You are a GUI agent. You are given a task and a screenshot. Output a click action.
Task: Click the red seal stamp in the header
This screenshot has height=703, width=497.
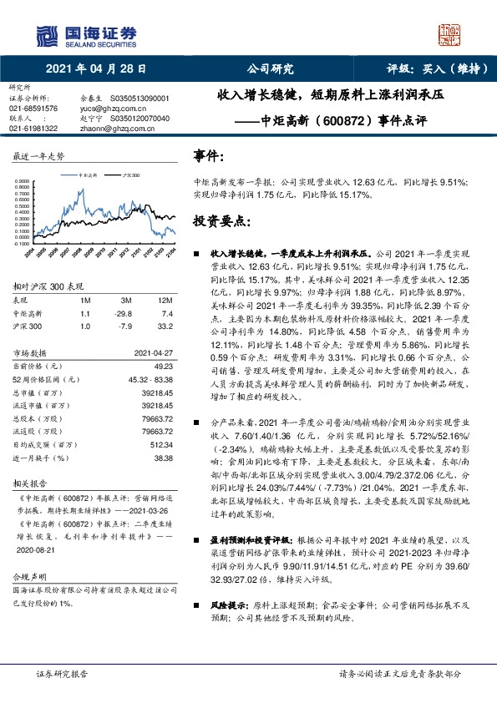(450, 35)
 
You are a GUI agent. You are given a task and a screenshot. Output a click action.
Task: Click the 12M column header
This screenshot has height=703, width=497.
(165, 300)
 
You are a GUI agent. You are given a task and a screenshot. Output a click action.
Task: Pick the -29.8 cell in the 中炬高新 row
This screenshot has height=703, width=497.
(126, 312)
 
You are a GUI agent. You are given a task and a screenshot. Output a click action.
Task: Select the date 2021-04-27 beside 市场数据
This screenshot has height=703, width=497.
(153, 353)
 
